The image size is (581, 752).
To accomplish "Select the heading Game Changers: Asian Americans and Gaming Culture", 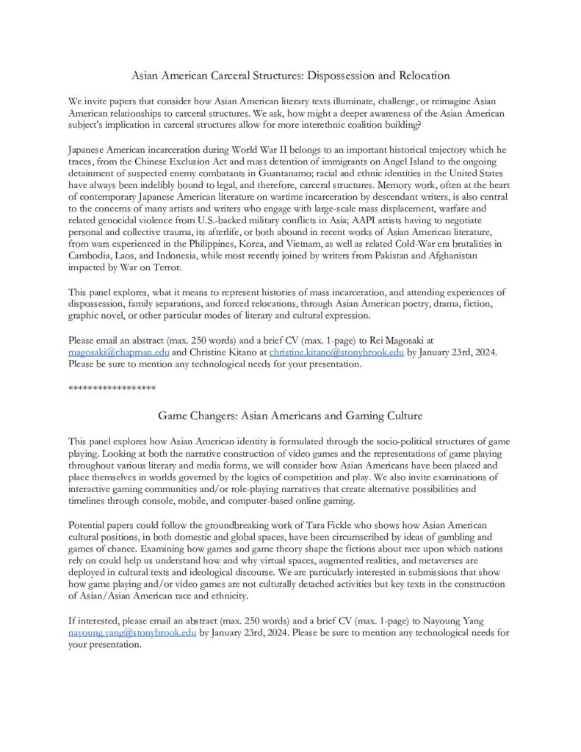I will [290, 416].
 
